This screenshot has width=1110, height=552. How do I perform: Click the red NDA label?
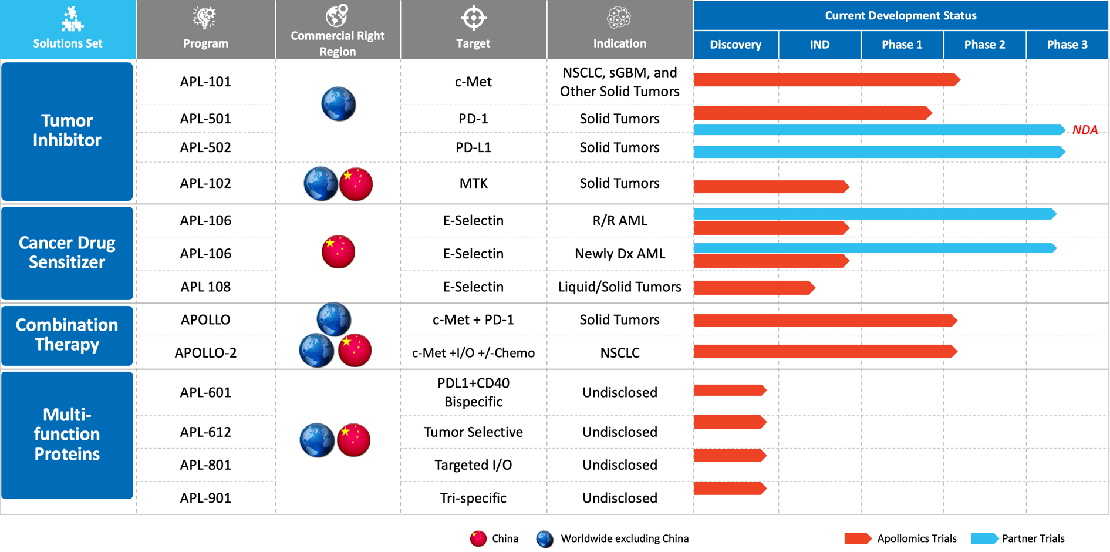click(x=1084, y=130)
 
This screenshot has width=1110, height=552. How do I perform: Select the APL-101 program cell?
click(x=205, y=82)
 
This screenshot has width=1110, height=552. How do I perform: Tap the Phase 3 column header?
click(x=1067, y=45)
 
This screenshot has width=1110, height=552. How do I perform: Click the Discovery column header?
click(x=735, y=45)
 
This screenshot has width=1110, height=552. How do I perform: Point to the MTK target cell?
click(x=473, y=183)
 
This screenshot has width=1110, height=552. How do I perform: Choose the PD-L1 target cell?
click(x=473, y=147)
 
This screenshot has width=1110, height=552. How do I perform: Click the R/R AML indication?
click(x=619, y=220)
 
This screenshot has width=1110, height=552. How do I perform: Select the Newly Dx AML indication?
click(x=619, y=254)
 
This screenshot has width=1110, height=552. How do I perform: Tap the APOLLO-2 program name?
click(x=205, y=353)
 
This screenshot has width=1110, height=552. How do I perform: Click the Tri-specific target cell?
click(x=473, y=498)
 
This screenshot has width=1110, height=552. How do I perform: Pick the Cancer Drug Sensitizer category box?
click(x=67, y=253)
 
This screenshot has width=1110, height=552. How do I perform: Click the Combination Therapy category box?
click(x=67, y=335)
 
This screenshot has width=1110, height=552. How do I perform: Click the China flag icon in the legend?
click(x=478, y=538)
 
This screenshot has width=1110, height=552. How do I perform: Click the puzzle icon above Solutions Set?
click(x=72, y=19)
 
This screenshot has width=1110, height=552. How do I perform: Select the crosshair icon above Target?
click(x=473, y=18)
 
